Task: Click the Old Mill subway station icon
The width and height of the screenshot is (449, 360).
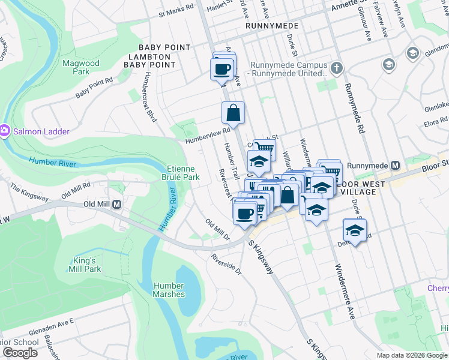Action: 117,204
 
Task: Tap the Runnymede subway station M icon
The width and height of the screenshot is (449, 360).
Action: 396,165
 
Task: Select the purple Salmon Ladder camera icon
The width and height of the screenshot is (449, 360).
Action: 5,130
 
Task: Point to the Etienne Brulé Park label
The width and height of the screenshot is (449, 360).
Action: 182,173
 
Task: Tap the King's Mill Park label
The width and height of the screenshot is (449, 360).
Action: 85,265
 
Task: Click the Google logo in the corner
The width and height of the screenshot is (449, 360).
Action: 20,353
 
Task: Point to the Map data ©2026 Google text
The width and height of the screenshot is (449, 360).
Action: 412,355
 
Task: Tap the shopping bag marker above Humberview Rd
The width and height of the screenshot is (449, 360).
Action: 233,112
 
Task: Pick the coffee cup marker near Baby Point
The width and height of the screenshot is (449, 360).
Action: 221,68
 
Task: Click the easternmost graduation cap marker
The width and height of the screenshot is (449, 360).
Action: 355,230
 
